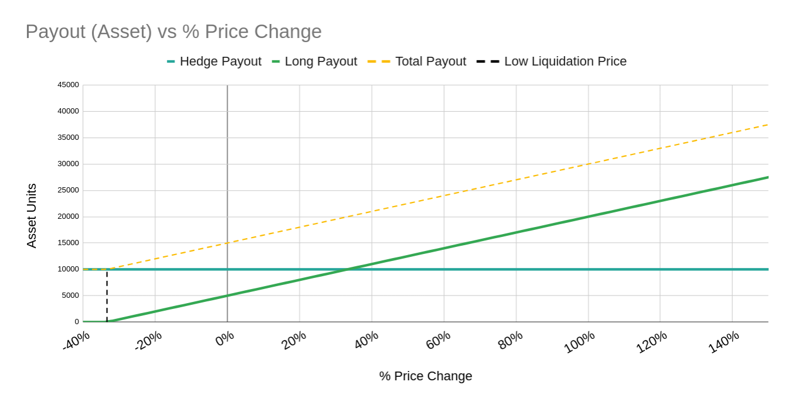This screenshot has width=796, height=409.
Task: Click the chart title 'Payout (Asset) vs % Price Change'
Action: (173, 32)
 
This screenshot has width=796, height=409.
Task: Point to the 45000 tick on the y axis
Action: (68, 85)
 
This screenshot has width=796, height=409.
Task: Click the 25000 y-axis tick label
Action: (68, 190)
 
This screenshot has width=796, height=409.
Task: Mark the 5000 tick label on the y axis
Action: (70, 295)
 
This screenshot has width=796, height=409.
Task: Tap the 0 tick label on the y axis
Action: (77, 322)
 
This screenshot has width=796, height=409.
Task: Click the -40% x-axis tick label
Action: (76, 341)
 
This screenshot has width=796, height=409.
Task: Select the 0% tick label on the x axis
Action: (224, 339)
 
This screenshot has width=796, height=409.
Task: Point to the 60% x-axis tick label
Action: (438, 340)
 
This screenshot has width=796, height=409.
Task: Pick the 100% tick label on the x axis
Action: (579, 342)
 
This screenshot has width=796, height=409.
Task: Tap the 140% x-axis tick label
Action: (724, 342)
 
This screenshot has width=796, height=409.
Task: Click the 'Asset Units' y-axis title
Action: (32, 215)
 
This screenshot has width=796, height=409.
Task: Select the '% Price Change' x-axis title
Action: (425, 376)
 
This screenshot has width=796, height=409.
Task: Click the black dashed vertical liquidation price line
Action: (107, 295)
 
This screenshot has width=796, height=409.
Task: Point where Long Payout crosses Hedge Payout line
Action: (347, 269)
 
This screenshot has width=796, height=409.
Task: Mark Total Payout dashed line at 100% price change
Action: (588, 164)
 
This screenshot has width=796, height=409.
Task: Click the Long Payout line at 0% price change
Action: (227, 295)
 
